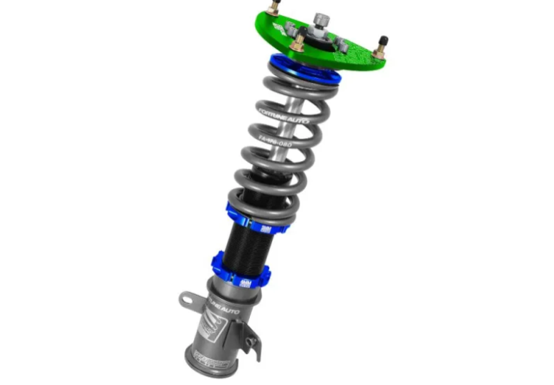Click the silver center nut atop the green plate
[317, 15]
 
